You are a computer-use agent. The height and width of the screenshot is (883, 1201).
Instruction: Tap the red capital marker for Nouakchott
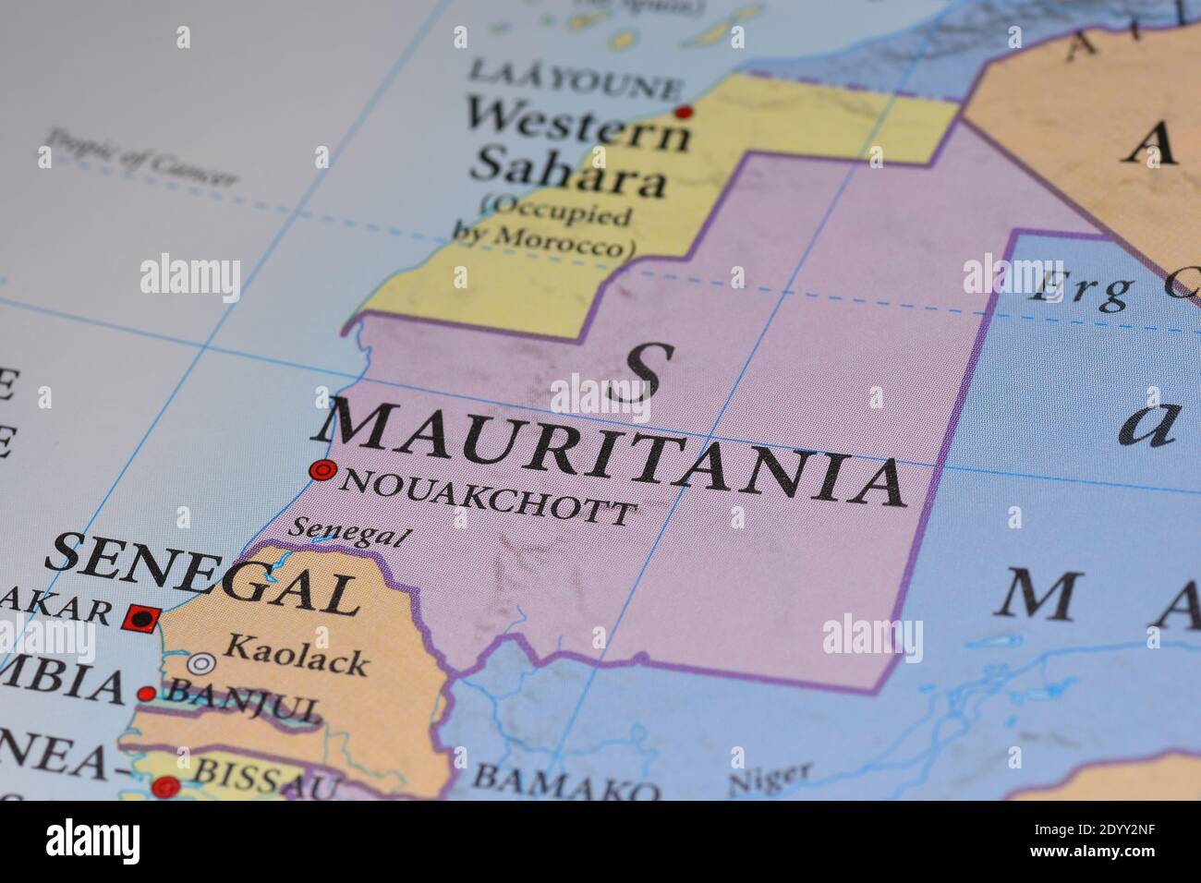pos(322,471)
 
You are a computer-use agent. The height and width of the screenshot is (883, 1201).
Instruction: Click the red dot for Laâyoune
pos(684,113)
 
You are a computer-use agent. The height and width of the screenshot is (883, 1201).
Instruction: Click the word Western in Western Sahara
pos(577,125)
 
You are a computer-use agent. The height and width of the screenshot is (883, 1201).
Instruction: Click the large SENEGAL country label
pos(201,577)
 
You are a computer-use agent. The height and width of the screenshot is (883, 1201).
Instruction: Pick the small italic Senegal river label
pos(348,530)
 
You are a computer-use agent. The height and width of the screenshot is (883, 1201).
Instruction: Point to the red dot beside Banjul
pos(146,694)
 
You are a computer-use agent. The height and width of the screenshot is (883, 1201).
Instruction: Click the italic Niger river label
pos(770,779)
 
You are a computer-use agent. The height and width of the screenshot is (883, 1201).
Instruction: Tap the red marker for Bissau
pos(166,787)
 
